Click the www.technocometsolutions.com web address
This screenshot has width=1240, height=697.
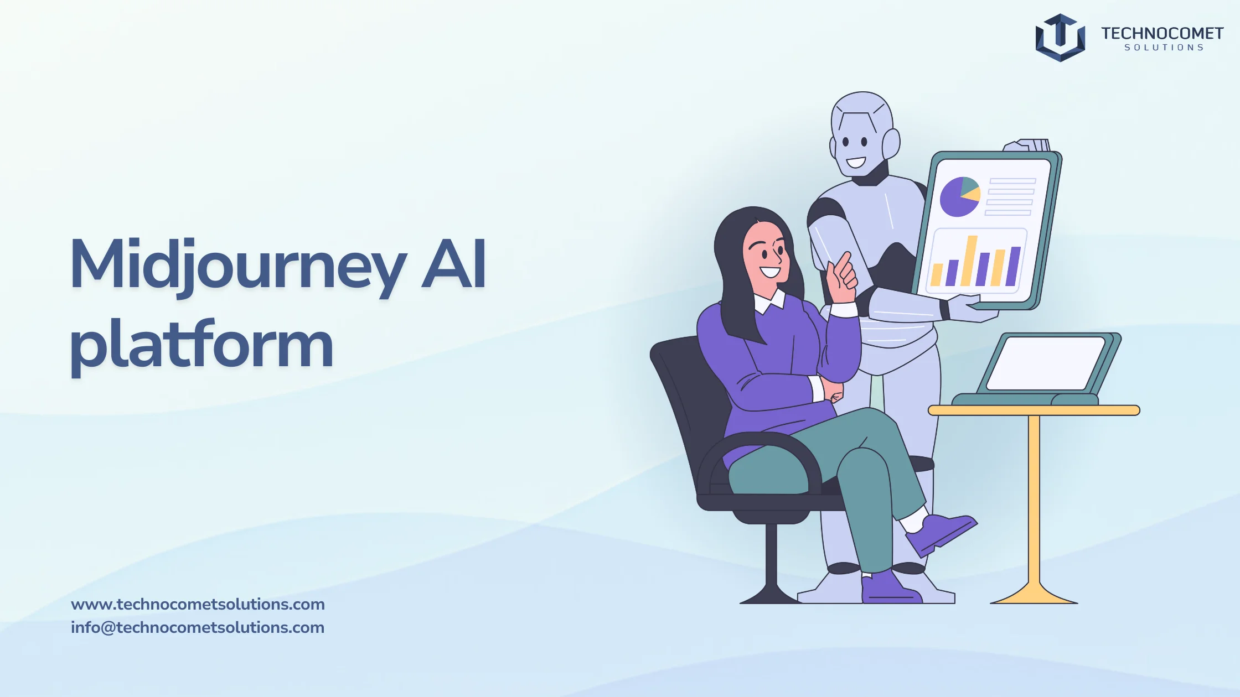pyautogui.click(x=198, y=604)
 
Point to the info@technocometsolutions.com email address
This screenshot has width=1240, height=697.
pyautogui.click(x=198, y=627)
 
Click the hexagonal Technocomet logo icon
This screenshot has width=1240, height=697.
pyautogui.click(x=1060, y=38)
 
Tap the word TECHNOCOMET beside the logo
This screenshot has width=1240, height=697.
pyautogui.click(x=1162, y=34)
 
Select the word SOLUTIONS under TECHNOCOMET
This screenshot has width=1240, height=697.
pyautogui.click(x=1164, y=48)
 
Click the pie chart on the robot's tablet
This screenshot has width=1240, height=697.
pyautogui.click(x=960, y=196)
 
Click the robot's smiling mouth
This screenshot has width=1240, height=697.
pyautogui.click(x=855, y=163)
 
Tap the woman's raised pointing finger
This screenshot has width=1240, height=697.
pyautogui.click(x=844, y=262)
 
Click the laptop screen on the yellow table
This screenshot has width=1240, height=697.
pyautogui.click(x=1045, y=363)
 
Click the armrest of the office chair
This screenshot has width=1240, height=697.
pyautogui.click(x=758, y=454)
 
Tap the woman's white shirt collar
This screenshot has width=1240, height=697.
pyautogui.click(x=770, y=301)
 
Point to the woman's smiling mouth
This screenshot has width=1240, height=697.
pyautogui.click(x=769, y=272)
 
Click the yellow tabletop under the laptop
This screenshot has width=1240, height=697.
pyautogui.click(x=1034, y=410)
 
